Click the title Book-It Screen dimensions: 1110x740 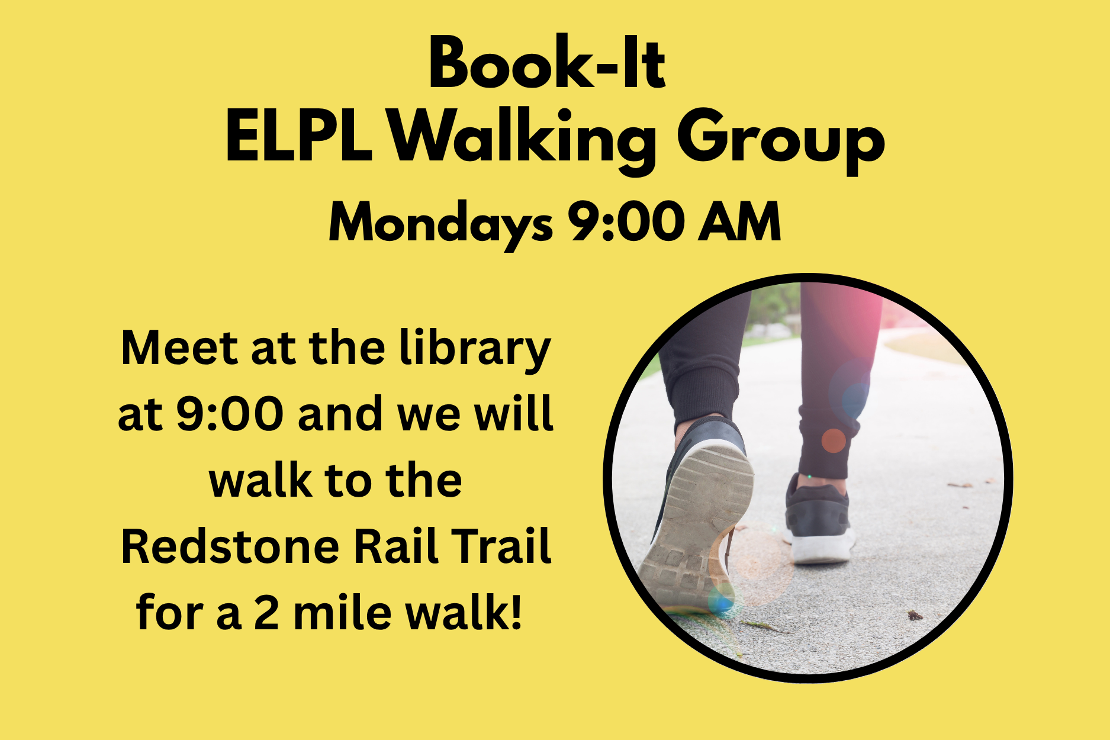coord(548,62)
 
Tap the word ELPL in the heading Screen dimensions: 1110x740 coord(299,137)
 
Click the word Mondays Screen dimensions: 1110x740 coord(440,224)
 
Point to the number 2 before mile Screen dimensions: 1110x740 coord(266,613)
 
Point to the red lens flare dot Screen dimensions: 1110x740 coord(834,441)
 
